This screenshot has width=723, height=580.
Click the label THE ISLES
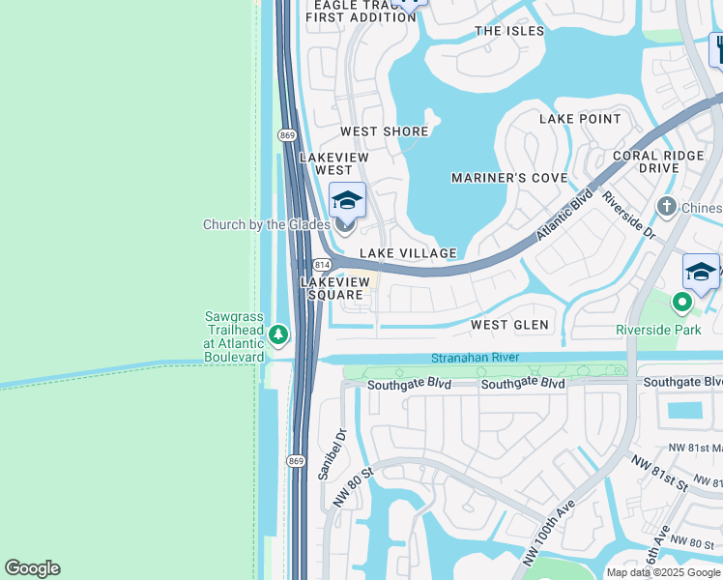pyautogui.click(x=509, y=31)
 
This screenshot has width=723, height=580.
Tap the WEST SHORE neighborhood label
pyautogui.click(x=384, y=131)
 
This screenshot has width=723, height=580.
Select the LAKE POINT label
pyautogui.click(x=580, y=119)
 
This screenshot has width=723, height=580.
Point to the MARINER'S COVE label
pyautogui.click(x=509, y=178)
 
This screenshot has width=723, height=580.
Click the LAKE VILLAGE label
pyautogui.click(x=408, y=253)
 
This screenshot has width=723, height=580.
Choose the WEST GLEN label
pyautogui.click(x=509, y=325)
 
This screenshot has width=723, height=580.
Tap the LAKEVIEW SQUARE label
pyautogui.click(x=334, y=288)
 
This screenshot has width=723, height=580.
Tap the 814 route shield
pyautogui.click(x=323, y=264)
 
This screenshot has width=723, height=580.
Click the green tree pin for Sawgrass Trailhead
pyautogui.click(x=278, y=334)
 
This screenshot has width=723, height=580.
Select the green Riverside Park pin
pyautogui.click(x=682, y=304)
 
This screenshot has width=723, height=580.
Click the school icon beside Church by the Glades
pyautogui.click(x=347, y=201)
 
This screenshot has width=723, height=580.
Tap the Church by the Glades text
pyautogui.click(x=267, y=225)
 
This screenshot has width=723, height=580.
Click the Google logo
pyautogui.click(x=32, y=568)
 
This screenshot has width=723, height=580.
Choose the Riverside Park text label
pyautogui.click(x=658, y=330)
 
